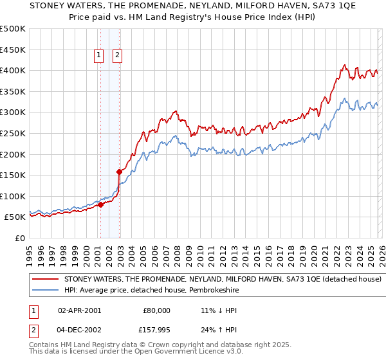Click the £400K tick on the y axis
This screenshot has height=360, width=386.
tap(13, 70)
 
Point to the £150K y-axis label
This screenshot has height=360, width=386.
tap(13, 175)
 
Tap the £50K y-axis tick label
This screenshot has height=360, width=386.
tap(15, 217)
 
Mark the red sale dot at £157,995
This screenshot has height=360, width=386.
tap(120, 172)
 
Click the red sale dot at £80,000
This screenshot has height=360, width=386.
tap(100, 204)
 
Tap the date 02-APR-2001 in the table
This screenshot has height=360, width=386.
tap(79, 310)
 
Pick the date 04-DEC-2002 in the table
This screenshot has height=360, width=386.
tap(79, 331)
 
